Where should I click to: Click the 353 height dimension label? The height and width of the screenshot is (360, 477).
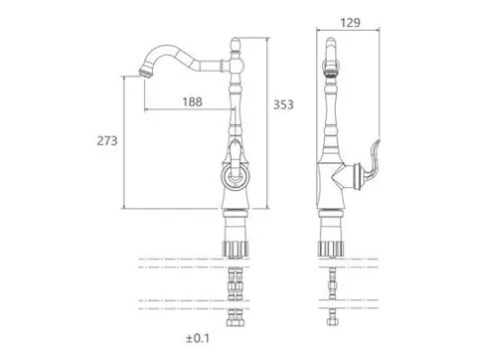(x=283, y=104)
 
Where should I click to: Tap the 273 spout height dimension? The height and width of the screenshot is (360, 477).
(x=107, y=141)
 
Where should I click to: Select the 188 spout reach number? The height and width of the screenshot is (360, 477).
(x=193, y=101)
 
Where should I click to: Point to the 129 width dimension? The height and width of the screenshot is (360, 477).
(x=350, y=23)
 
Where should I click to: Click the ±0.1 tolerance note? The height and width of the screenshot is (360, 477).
(x=198, y=338)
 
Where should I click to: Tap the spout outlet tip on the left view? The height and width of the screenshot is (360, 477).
(x=145, y=73)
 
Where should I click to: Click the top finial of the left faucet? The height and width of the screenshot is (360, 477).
(x=236, y=45)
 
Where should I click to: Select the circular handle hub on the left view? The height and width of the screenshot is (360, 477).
(x=235, y=175)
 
